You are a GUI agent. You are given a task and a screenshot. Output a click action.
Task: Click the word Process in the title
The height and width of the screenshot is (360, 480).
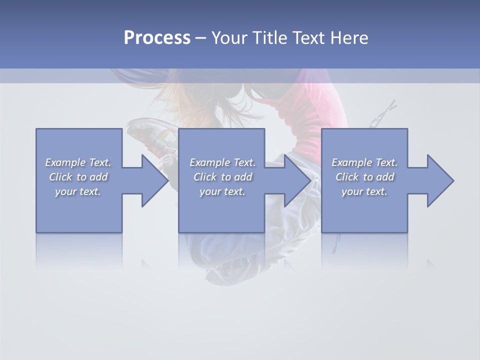point(157,38)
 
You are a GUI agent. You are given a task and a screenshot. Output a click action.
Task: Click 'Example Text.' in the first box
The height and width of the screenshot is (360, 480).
point(78,162)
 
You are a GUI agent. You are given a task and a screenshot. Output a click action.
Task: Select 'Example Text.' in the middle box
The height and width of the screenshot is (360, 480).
point(222,162)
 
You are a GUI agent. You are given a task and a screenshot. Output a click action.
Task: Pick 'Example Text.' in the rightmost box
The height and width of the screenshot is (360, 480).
point(364,162)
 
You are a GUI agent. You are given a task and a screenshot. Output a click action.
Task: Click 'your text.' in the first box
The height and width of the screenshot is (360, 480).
point(78,191)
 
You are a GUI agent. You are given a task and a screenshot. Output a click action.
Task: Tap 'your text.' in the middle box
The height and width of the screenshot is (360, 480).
point(222,191)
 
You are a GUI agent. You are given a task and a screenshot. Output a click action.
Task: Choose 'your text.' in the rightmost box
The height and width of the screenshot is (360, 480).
point(364,191)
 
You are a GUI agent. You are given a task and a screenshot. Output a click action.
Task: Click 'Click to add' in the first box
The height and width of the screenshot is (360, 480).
point(78,177)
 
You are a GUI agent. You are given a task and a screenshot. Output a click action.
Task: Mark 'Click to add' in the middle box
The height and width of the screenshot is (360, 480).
point(222,177)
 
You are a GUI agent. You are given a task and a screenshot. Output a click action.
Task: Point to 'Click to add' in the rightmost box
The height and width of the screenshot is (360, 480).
point(364,177)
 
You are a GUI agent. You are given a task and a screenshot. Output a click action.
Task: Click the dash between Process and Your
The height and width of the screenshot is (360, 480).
point(200,38)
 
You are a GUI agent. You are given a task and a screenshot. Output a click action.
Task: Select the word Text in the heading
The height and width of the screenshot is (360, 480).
point(309,38)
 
